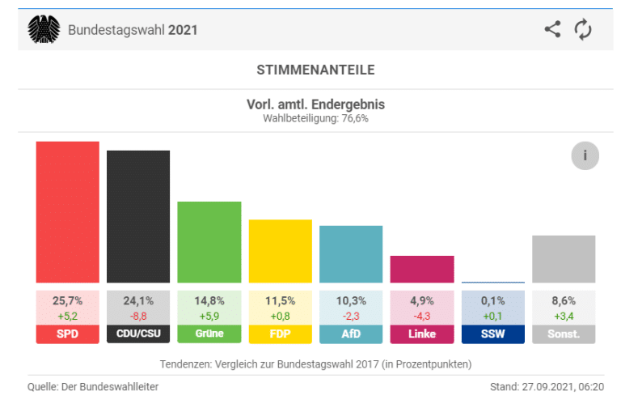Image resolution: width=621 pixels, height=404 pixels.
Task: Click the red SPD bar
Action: pyautogui.click(x=67, y=212)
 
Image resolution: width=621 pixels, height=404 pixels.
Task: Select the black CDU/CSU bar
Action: pyautogui.click(x=138, y=216)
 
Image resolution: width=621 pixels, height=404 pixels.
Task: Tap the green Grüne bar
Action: pyautogui.click(x=209, y=242)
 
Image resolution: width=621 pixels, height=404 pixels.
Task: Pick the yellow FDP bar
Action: pyautogui.click(x=280, y=251)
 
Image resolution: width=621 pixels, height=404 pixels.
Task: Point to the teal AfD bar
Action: pyautogui.click(x=351, y=254)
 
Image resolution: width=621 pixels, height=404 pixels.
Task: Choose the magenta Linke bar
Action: pyautogui.click(x=422, y=269)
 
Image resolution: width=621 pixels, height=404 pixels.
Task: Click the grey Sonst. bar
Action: pyautogui.click(x=564, y=259)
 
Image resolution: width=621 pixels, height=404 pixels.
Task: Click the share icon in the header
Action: pyautogui.click(x=552, y=30)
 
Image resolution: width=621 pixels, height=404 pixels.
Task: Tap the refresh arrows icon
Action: pyautogui.click(x=583, y=30)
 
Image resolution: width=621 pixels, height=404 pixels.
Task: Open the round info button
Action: pyautogui.click(x=585, y=155)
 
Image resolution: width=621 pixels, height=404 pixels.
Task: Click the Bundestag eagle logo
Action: pyautogui.click(x=44, y=30)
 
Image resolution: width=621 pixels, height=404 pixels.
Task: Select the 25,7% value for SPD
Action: pyautogui.click(x=67, y=300)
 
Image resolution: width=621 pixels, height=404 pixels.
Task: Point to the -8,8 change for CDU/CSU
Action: pyautogui.click(x=138, y=315)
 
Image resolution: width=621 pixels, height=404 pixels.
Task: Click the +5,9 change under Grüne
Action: pyautogui.click(x=209, y=315)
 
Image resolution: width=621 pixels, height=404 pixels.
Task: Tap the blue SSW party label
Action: pyautogui.click(x=492, y=334)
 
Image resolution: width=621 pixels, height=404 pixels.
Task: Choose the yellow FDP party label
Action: pyautogui.click(x=280, y=334)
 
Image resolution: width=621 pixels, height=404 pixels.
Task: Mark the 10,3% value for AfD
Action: pyautogui.click(x=351, y=300)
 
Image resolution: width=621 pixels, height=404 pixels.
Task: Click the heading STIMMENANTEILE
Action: pyautogui.click(x=315, y=70)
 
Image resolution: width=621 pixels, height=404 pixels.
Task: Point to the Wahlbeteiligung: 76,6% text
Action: pyautogui.click(x=315, y=118)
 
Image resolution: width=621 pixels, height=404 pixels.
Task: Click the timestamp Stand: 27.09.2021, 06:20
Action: pyautogui.click(x=546, y=386)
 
